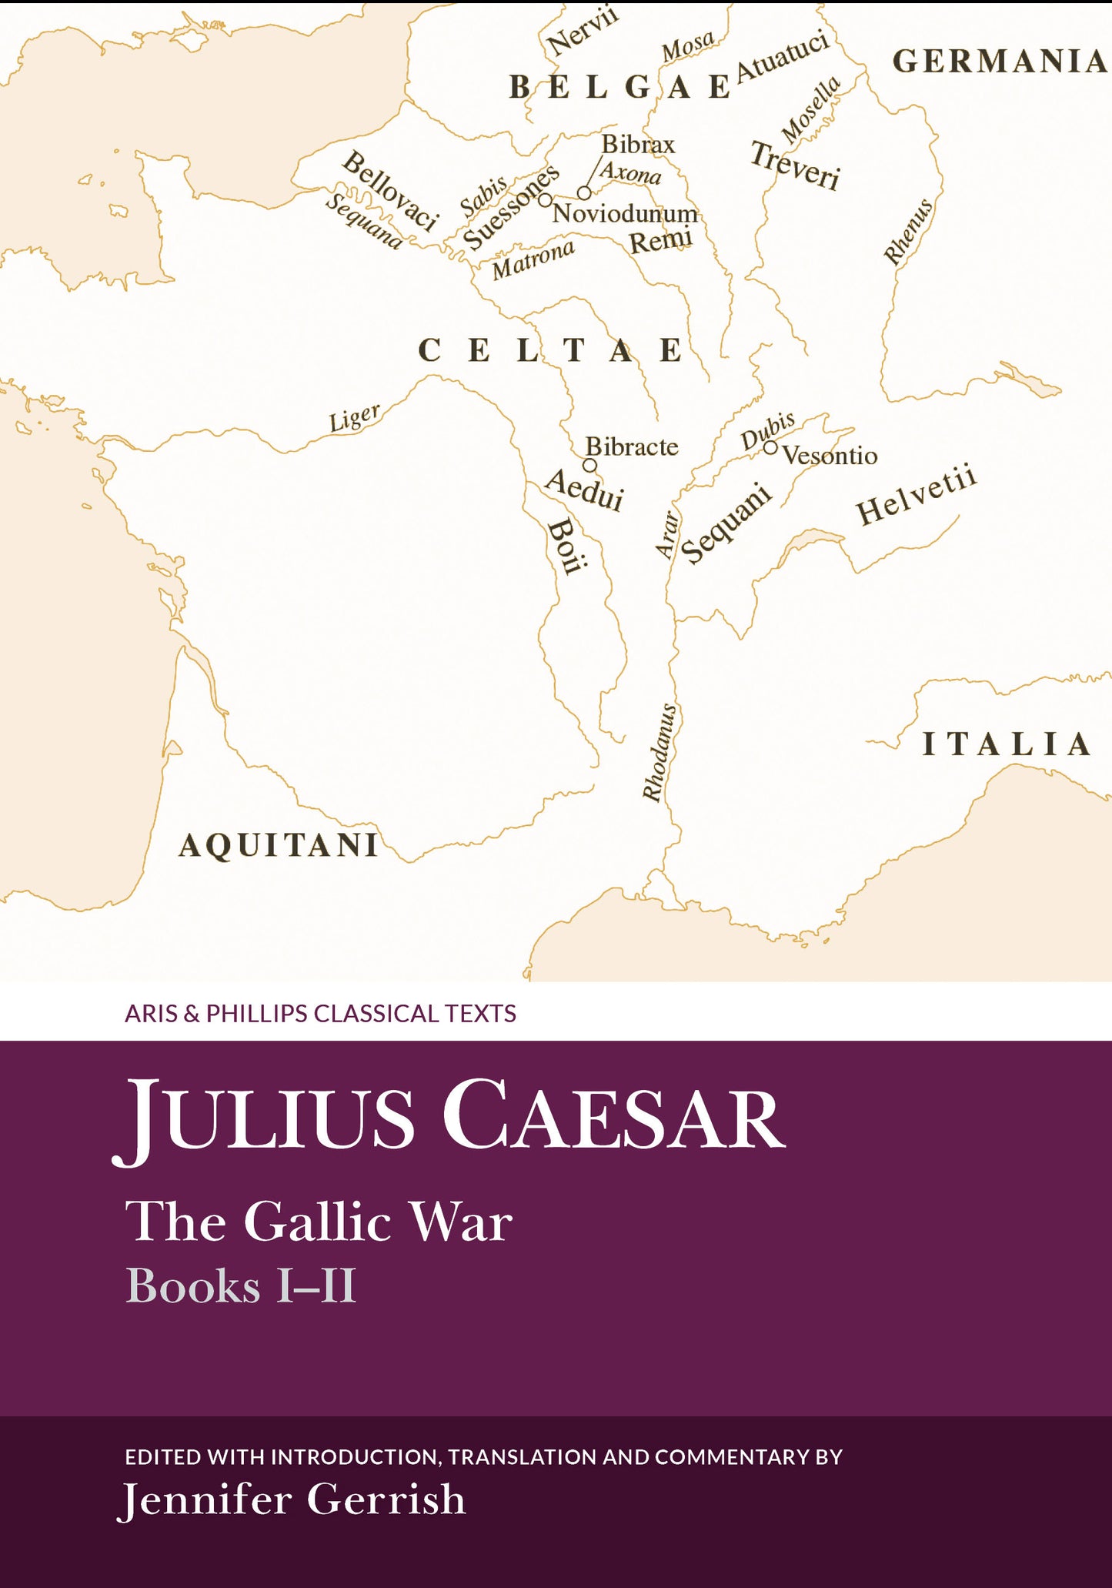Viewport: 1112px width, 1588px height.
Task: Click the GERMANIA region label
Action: pyautogui.click(x=999, y=62)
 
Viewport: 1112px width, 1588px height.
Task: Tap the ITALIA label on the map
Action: pyautogui.click(x=1006, y=744)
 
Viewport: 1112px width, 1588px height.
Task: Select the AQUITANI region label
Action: pyautogui.click(x=279, y=845)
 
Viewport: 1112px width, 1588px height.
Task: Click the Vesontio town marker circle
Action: pyautogui.click(x=770, y=446)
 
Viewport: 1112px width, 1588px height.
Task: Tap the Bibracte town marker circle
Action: pyautogui.click(x=589, y=465)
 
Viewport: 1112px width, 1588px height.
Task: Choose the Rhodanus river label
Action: pyautogui.click(x=660, y=752)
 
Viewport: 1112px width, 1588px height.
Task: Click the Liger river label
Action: pyautogui.click(x=355, y=417)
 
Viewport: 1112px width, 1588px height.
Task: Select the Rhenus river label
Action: pyautogui.click(x=908, y=231)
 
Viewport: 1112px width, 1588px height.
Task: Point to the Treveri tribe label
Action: pyautogui.click(x=795, y=165)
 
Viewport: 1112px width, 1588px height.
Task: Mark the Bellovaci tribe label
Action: pyautogui.click(x=390, y=190)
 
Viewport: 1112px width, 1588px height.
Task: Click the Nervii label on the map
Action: pyautogui.click(x=583, y=32)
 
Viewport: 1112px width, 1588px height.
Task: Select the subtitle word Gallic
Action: pyautogui.click(x=317, y=1222)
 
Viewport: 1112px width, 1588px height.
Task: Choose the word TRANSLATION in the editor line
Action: pyautogui.click(x=523, y=1456)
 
